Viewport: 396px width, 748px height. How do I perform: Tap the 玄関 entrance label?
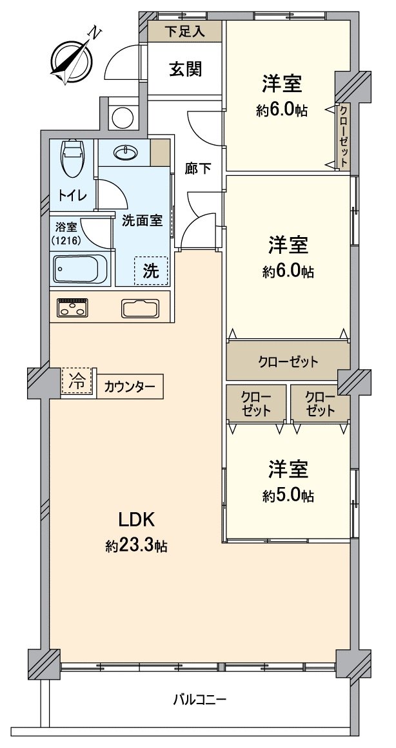[x=185, y=69]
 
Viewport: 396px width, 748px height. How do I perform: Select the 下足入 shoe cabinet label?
[x=184, y=31]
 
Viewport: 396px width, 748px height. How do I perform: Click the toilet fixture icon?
[x=73, y=157]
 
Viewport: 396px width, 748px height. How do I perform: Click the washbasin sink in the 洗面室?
[x=125, y=153]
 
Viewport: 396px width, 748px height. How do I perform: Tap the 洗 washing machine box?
[x=151, y=271]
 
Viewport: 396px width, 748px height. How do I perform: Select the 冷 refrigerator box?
[x=77, y=381]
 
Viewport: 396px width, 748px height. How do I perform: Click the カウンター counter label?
[x=130, y=387]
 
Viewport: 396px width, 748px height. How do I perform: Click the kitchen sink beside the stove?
[x=140, y=308]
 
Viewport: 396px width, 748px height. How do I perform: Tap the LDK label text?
[x=134, y=519]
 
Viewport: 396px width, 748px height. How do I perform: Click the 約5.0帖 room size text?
[x=288, y=496]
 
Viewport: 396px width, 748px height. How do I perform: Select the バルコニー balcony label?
[x=199, y=698]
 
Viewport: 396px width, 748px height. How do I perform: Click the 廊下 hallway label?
[x=198, y=169]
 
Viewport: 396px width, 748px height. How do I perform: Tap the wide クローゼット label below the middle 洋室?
[x=288, y=361]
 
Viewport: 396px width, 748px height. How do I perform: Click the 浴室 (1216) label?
[x=66, y=233]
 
